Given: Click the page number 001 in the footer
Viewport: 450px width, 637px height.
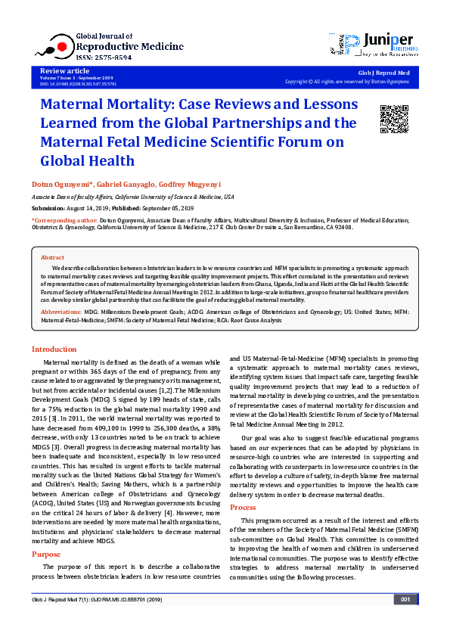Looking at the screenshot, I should [x=405, y=621].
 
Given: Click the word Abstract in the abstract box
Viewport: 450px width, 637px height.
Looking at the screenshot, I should [x=52, y=258].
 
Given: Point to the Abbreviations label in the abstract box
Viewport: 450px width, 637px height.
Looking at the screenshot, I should [x=61, y=312].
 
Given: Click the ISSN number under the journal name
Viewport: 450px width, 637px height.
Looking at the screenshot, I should [x=104, y=57].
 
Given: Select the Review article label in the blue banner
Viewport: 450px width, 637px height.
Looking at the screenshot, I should [x=58, y=70].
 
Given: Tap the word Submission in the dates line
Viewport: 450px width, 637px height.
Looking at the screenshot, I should [x=48, y=207].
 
